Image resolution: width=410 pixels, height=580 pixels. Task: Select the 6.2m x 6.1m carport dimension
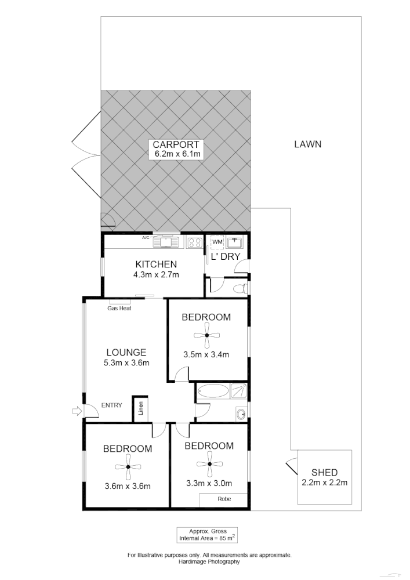(177, 154)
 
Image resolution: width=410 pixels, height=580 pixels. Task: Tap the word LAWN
(307, 144)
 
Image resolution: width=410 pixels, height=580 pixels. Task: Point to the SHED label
(325, 472)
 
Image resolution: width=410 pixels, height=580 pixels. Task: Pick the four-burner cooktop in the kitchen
(194, 242)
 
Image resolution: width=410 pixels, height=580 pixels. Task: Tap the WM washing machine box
(217, 241)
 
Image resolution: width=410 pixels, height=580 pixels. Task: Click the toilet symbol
(242, 288)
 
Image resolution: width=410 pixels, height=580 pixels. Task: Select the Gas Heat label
(119, 309)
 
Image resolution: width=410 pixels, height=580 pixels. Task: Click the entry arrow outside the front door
(75, 411)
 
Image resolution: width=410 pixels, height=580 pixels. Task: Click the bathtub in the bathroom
(212, 391)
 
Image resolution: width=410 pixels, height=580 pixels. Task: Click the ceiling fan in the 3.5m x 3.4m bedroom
(206, 335)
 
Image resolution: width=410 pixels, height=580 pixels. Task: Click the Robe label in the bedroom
(224, 499)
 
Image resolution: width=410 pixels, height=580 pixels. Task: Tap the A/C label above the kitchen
(146, 238)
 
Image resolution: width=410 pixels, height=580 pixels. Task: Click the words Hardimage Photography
(209, 561)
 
